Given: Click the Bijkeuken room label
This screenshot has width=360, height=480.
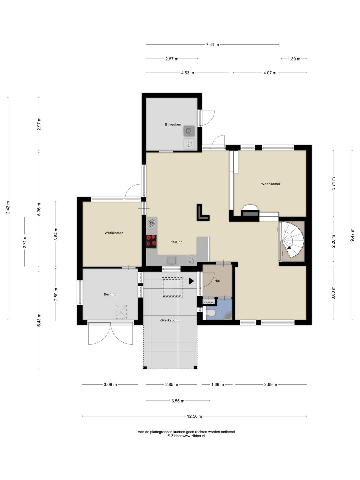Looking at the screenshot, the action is [x=173, y=124].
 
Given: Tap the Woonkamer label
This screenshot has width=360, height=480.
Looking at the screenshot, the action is [x=271, y=184].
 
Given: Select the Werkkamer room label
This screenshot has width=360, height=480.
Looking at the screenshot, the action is [x=114, y=233].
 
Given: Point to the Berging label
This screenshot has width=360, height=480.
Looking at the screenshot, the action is [x=110, y=294].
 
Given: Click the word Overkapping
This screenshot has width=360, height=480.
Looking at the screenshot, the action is [x=170, y=320].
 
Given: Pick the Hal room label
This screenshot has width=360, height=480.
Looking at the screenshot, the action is [x=217, y=281].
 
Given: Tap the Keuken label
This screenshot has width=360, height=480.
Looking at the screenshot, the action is [x=176, y=242].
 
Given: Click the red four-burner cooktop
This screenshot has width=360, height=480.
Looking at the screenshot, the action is [x=151, y=241].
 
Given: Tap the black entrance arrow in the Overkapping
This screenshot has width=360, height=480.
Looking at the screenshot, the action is [x=191, y=281].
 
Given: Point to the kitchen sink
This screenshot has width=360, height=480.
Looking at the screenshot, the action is [x=172, y=261].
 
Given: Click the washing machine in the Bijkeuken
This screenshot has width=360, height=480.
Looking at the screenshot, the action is [x=189, y=131].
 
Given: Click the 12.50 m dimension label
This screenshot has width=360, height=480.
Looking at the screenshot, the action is [x=194, y=416].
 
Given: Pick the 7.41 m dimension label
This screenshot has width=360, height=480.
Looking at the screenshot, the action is [x=212, y=45].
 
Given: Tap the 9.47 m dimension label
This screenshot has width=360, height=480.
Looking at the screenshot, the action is [x=352, y=235].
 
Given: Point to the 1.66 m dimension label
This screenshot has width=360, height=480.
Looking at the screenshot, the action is [x=217, y=384].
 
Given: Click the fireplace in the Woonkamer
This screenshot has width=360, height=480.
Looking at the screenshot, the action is [x=250, y=211].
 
